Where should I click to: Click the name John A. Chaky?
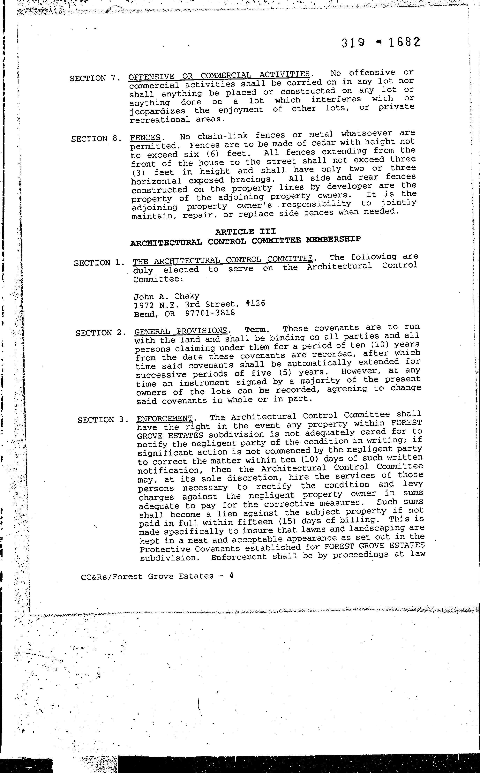point(166,296)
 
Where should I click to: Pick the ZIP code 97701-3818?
point(210,313)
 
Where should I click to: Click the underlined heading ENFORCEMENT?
point(164,418)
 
